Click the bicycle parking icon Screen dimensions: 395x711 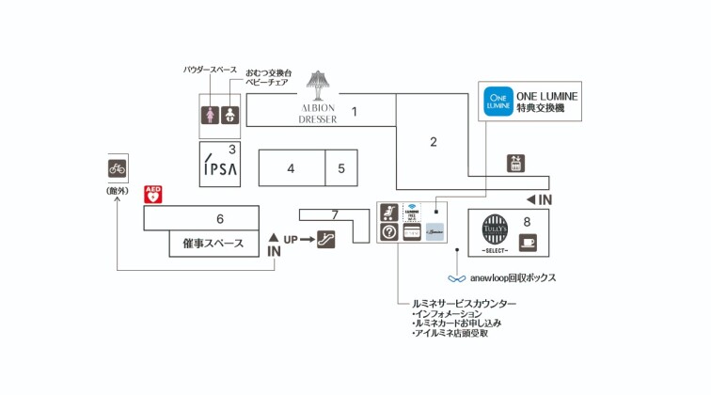click(x=117, y=169)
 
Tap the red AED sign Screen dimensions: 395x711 click(x=153, y=196)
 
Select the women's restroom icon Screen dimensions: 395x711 click(x=212, y=114)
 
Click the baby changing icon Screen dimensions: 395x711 click(x=231, y=114)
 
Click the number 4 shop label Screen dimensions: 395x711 click(x=292, y=168)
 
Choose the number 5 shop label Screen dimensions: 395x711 click(x=341, y=168)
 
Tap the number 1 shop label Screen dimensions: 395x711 click(x=355, y=112)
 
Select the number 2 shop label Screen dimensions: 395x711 click(x=434, y=142)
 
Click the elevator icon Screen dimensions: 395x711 click(x=514, y=163)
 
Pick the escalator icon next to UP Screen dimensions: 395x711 click(x=326, y=239)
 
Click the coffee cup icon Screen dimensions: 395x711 click(x=527, y=242)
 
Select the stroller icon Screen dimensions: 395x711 click(x=388, y=212)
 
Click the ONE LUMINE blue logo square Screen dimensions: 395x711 click(x=498, y=101)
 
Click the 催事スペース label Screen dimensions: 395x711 click(x=213, y=244)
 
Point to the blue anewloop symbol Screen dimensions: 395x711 click(x=457, y=278)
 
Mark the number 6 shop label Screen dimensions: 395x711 click(x=219, y=219)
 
